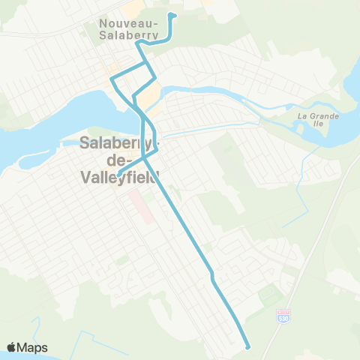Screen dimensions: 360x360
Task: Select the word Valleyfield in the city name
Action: (x=120, y=178)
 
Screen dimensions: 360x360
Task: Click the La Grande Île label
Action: (x=318, y=120)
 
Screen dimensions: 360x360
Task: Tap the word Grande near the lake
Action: (x=324, y=116)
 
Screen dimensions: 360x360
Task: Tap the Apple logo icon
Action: (x=12, y=347)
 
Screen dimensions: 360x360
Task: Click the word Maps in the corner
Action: (x=33, y=347)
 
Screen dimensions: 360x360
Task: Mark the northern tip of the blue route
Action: (x=173, y=14)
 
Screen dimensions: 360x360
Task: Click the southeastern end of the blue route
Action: (x=247, y=346)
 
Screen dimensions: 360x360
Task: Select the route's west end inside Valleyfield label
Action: (x=118, y=177)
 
